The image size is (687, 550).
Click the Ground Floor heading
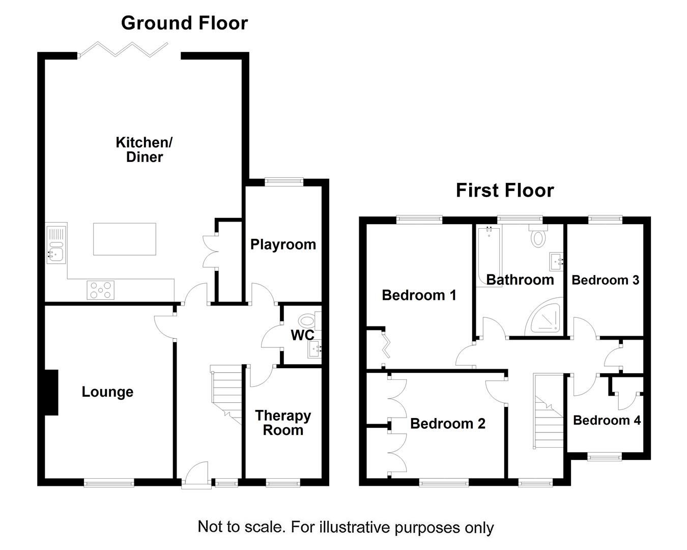(184, 23)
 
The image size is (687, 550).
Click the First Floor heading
(504, 190)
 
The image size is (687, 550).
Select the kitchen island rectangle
(125, 239)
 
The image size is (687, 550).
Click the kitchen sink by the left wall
(56, 244)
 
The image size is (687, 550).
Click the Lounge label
(107, 392)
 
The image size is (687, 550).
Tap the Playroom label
(283, 244)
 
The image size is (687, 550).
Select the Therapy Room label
(283, 423)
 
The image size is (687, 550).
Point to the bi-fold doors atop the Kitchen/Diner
(124, 49)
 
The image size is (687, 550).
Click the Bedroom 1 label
(419, 295)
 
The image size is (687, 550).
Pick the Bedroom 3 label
(605, 280)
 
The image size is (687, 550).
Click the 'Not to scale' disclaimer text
(346, 527)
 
